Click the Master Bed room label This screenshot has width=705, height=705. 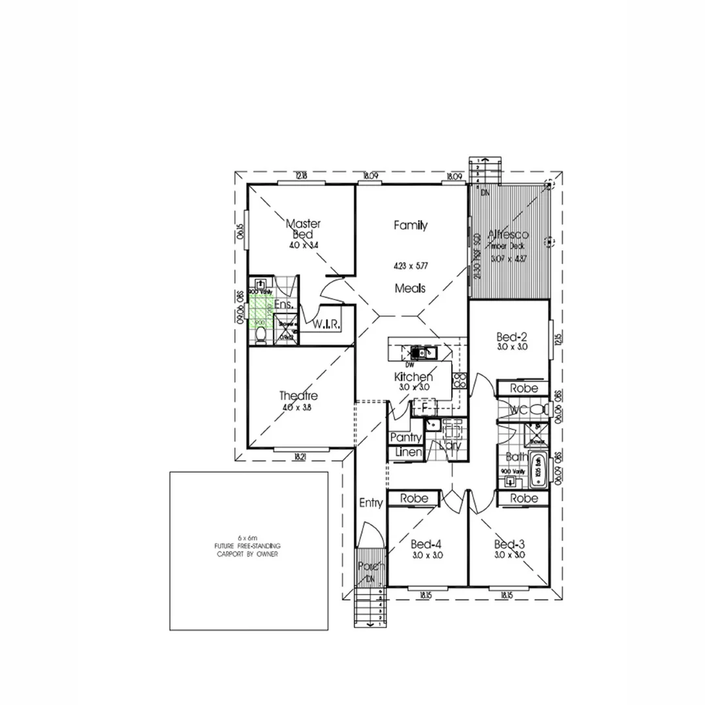pyautogui.click(x=303, y=229)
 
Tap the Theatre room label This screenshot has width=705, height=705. pyautogui.click(x=298, y=396)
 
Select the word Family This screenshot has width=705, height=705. pyautogui.click(x=410, y=225)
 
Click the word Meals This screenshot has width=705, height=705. pyautogui.click(x=410, y=288)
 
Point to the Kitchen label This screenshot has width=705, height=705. pyautogui.click(x=413, y=377)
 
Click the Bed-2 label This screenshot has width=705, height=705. pyautogui.click(x=511, y=337)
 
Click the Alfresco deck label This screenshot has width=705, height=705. pyautogui.click(x=509, y=234)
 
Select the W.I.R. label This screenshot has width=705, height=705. pyautogui.click(x=326, y=324)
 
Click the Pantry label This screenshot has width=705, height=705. pyautogui.click(x=405, y=437)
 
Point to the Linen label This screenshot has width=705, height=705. pyautogui.click(x=405, y=452)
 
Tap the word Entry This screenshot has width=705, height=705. pyautogui.click(x=371, y=503)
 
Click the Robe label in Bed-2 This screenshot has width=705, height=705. pyautogui.click(x=524, y=388)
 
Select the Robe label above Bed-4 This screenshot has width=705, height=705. pyautogui.click(x=415, y=498)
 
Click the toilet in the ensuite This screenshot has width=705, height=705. pyautogui.click(x=261, y=335)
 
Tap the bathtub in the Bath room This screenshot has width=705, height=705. pyautogui.click(x=537, y=470)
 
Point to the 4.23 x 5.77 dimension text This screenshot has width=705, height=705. pyautogui.click(x=410, y=266)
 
